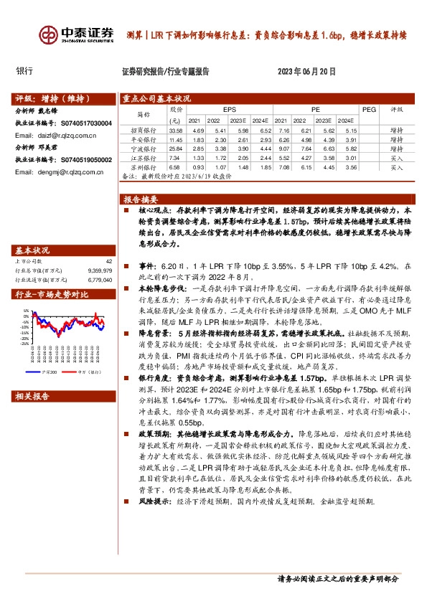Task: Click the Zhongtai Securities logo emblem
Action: pos(50,35)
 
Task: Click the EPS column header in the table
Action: pos(229,108)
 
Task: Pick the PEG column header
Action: pos(369,109)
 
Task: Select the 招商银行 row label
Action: pos(144,131)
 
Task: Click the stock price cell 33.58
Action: pos(176,131)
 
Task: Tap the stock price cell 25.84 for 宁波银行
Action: pos(176,148)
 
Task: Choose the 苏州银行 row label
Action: pos(144,166)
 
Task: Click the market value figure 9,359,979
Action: pos(100,270)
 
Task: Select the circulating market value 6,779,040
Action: pos(100,280)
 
